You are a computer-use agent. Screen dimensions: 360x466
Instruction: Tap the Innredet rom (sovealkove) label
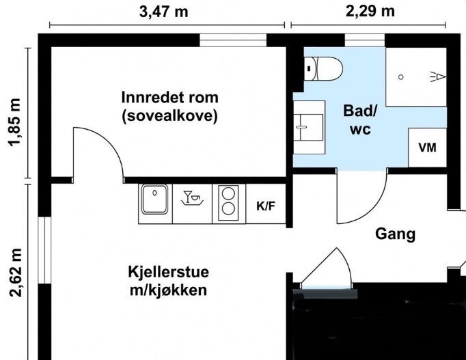[x=169, y=106]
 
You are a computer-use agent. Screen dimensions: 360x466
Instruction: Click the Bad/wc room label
[x=359, y=120]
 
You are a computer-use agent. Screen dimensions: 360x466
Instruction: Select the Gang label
[x=396, y=234]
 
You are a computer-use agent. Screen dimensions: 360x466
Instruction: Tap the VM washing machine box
[x=427, y=147]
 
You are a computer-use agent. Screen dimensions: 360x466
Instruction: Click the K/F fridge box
[x=266, y=205]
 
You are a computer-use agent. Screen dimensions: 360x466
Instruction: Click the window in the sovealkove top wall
[x=232, y=40]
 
